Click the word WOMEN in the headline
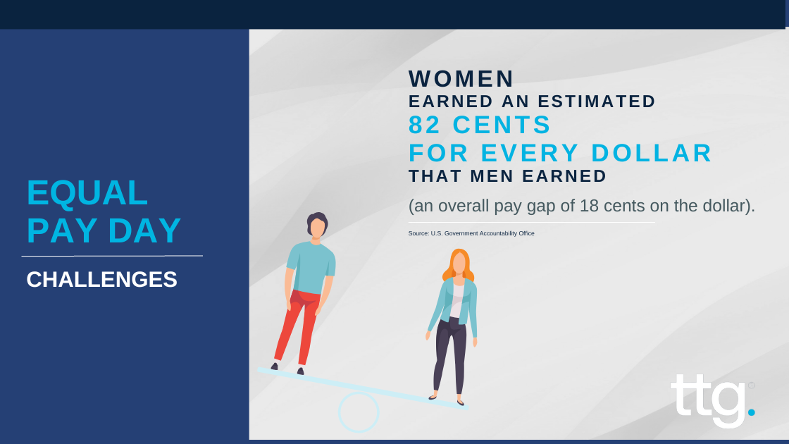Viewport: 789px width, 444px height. point(461,79)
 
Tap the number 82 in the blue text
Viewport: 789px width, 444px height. point(425,125)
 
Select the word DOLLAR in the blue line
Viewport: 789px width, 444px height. point(652,153)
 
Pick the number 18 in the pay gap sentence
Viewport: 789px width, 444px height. point(589,206)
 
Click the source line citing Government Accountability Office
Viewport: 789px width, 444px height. point(471,233)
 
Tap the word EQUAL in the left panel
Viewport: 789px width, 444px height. point(87,193)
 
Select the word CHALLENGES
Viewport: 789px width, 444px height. point(101,279)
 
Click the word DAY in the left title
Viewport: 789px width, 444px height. point(144,230)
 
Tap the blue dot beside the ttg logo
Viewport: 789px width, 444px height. point(751,412)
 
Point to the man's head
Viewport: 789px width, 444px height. point(317,226)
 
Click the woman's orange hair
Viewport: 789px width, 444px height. point(458,265)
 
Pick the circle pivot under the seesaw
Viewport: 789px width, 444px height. point(359,412)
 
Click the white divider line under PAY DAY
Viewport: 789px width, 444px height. point(112,257)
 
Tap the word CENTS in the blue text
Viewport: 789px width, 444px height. point(502,125)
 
